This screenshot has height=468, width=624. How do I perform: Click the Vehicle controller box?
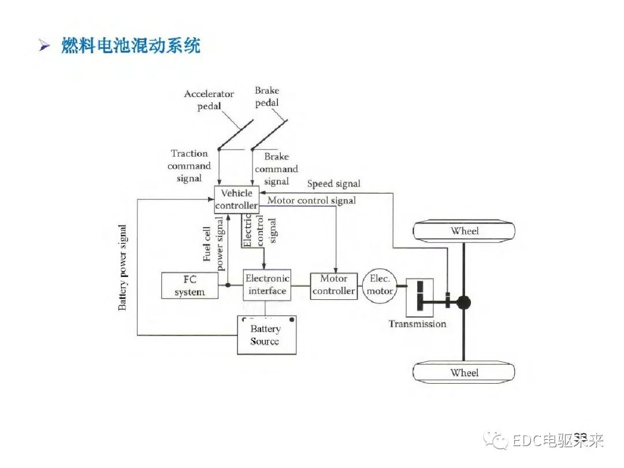236,199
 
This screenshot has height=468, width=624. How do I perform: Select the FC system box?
190,285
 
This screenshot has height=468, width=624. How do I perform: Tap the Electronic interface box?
267,285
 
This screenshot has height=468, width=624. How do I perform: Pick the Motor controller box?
333,285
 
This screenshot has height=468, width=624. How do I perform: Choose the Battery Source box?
266,335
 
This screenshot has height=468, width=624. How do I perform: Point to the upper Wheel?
465,231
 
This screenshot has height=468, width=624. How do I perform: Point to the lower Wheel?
465,373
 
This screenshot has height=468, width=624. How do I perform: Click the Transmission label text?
417,324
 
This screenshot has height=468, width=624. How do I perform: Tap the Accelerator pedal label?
209,100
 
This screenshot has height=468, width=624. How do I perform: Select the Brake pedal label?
267,96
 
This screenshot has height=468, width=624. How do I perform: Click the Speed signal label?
333,184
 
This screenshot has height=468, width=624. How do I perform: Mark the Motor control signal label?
311,200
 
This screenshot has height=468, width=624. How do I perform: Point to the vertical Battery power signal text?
122,268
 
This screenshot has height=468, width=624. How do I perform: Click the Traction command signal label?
189,166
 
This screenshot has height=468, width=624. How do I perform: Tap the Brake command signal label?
276,169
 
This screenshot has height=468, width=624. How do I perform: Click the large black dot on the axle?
463,302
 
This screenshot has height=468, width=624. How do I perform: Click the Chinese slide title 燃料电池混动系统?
131,45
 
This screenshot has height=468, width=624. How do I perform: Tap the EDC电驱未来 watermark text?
558,441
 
